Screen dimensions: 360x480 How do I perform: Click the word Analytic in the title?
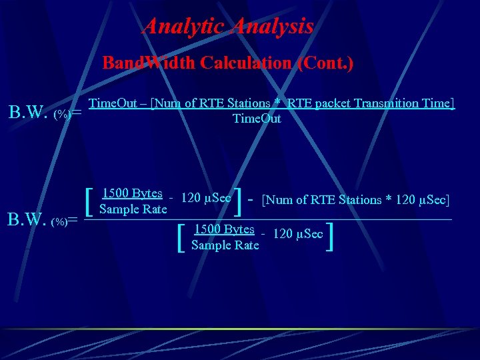[184, 26]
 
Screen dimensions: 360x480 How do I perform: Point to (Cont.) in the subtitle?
[326, 63]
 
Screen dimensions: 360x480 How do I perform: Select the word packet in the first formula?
[337, 103]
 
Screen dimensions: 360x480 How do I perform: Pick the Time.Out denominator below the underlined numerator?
[257, 119]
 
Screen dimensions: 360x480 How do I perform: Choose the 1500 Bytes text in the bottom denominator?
[224, 229]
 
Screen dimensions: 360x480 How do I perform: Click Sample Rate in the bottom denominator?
[225, 245]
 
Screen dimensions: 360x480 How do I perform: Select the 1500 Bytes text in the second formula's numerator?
[132, 193]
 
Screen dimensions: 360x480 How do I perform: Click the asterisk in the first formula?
[275, 103]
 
